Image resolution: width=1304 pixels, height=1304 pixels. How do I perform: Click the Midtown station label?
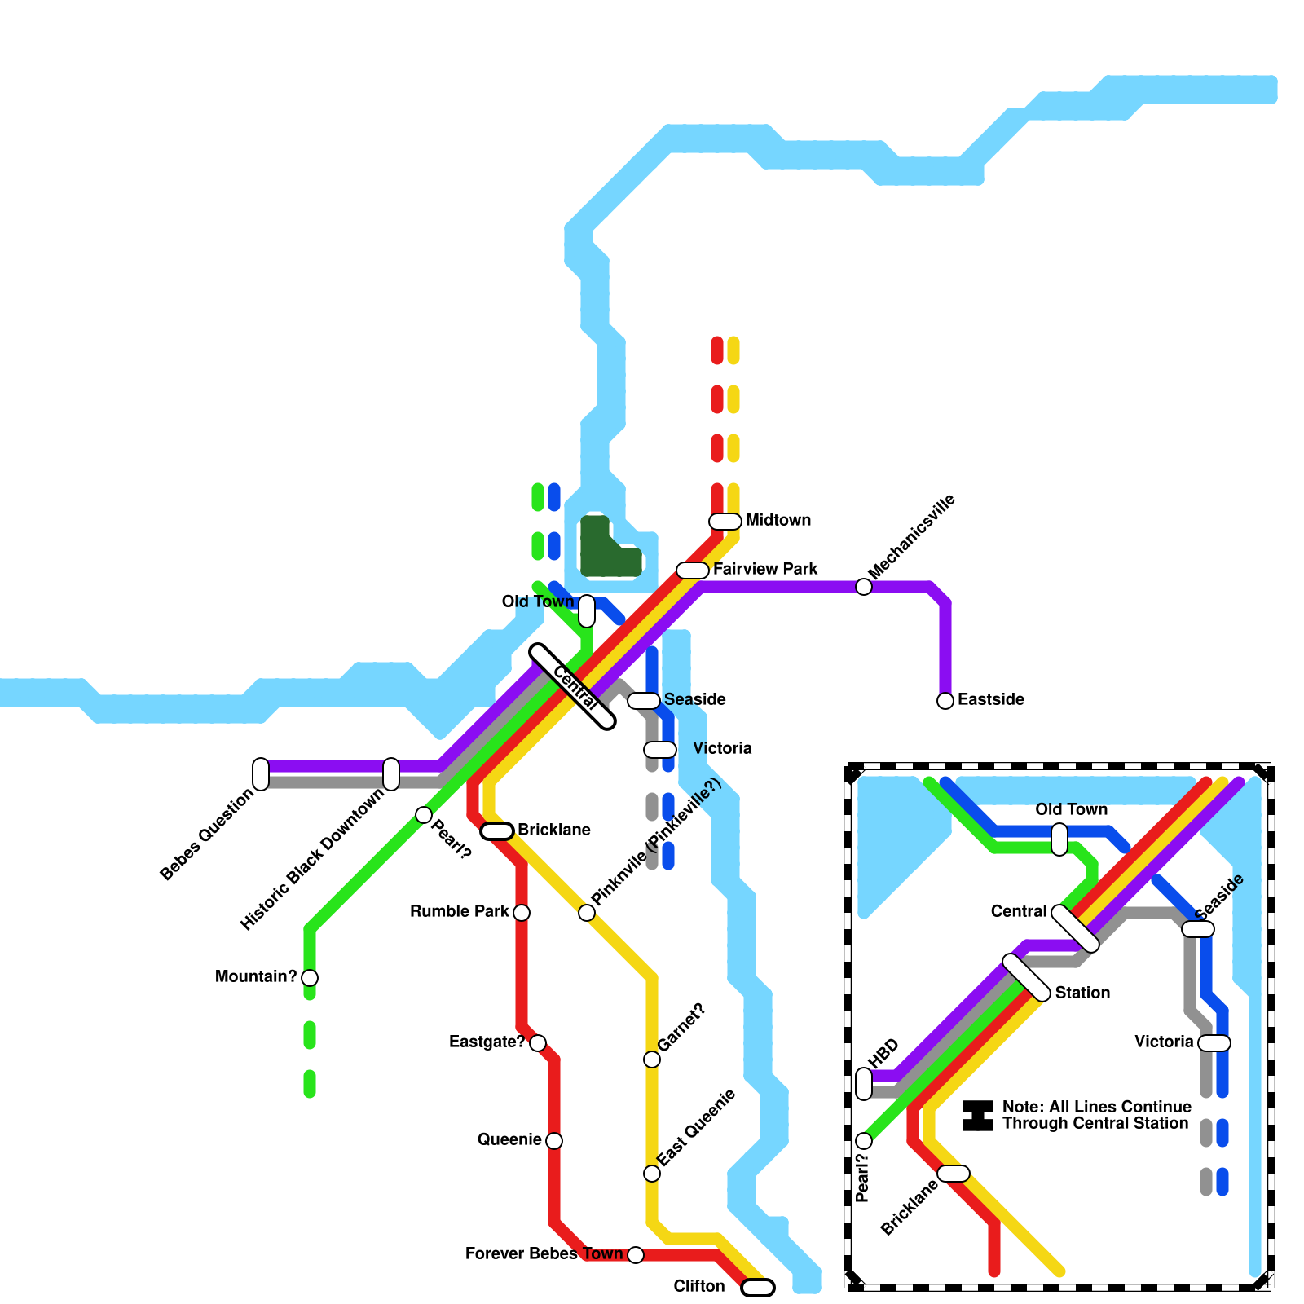coord(778,521)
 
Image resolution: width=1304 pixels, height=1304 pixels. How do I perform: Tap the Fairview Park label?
coord(764,570)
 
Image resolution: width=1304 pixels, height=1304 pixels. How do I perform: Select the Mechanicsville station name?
coord(912,536)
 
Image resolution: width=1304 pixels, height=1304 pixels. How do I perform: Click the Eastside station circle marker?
coord(945,701)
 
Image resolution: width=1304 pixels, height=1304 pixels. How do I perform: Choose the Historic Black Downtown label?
coord(311,860)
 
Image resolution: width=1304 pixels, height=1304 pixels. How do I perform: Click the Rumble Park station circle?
coord(522,913)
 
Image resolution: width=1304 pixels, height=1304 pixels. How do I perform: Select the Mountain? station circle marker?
coord(310,978)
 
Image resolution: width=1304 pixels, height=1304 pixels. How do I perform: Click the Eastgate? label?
coord(487,1042)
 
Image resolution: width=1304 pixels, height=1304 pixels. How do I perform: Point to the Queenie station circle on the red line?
coord(554,1141)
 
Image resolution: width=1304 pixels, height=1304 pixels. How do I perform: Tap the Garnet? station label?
coord(681,1028)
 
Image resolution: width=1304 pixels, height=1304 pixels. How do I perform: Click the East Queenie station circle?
coord(652,1174)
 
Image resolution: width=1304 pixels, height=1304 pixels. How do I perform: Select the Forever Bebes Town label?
coord(544,1254)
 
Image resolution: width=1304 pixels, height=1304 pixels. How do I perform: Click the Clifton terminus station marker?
coord(758,1288)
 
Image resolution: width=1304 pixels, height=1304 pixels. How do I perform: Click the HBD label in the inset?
coord(883,1053)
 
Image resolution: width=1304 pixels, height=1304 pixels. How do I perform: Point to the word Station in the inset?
coord(1082,993)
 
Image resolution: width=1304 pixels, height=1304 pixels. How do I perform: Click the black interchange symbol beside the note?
coord(978,1116)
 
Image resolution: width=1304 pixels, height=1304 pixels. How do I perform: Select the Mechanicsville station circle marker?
coord(864,587)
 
